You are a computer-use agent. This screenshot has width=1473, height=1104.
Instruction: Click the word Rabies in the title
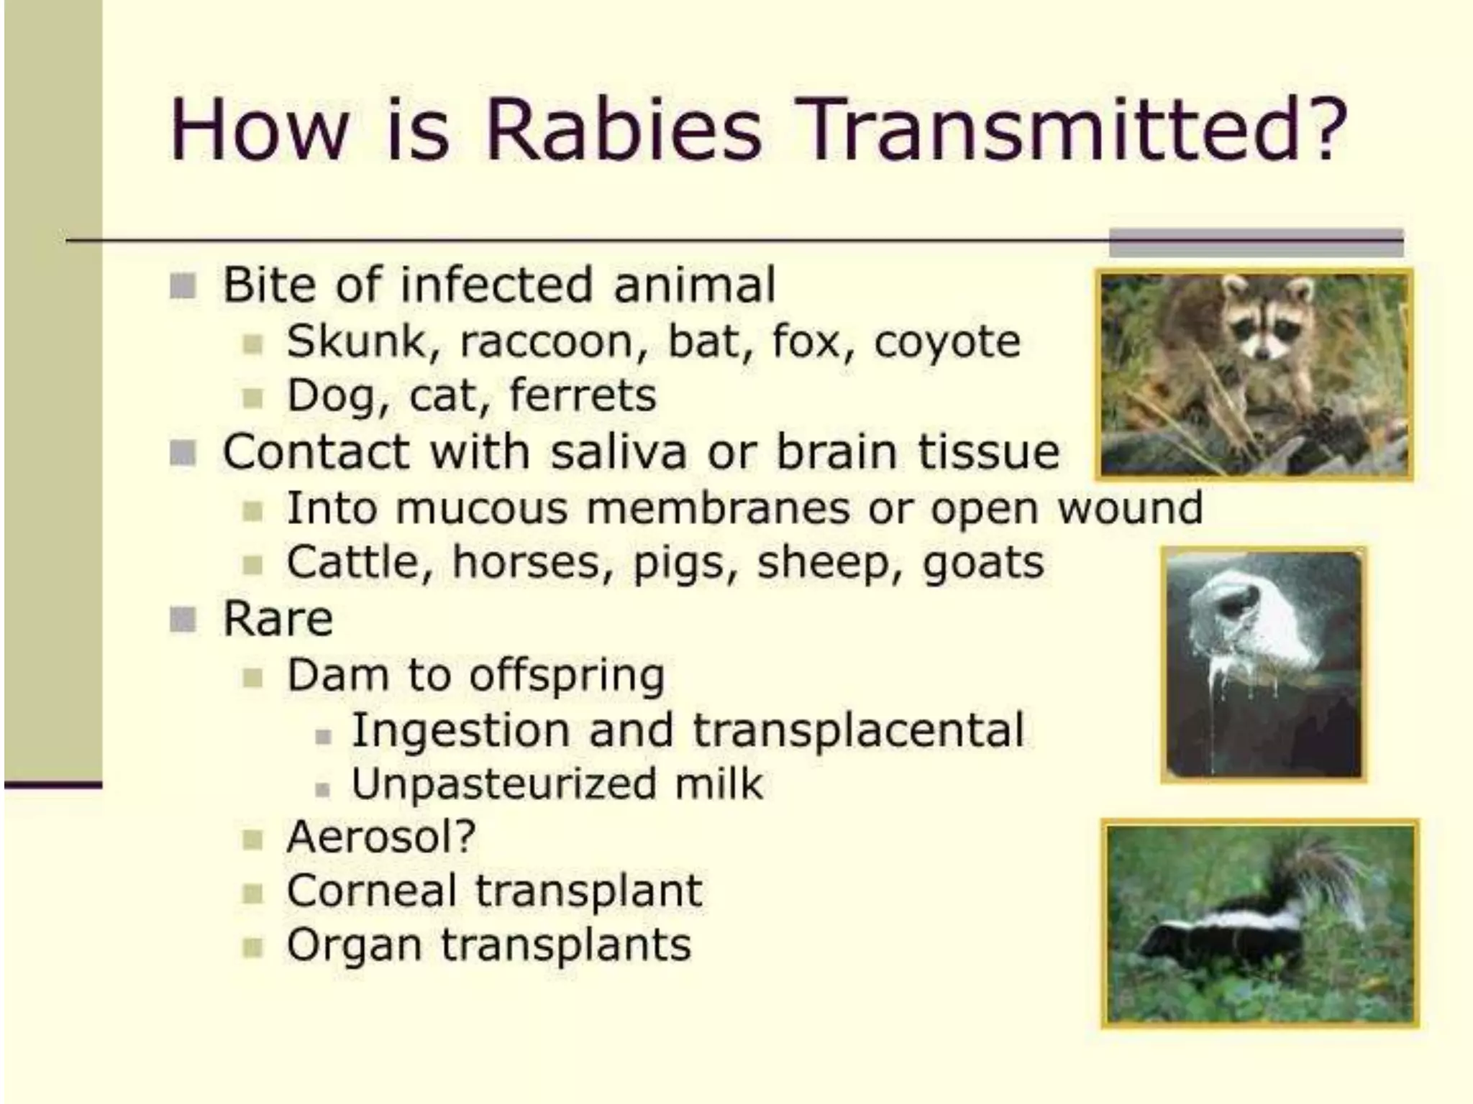point(623,131)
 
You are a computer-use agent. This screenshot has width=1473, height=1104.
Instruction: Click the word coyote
point(947,342)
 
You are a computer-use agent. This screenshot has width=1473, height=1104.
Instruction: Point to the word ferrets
point(583,395)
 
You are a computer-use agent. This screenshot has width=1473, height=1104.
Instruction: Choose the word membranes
point(718,508)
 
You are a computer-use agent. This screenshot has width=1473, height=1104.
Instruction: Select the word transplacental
point(857,730)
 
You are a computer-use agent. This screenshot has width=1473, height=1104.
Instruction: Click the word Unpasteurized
point(503,784)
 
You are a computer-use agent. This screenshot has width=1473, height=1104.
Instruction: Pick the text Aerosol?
point(381,837)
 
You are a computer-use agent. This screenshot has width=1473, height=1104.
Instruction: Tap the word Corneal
point(372,891)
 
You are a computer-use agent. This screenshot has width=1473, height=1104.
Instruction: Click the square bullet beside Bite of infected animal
point(183,286)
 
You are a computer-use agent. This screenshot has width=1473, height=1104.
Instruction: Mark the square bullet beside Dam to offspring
point(252,677)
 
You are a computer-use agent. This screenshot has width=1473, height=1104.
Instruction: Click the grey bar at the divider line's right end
point(1255,242)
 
